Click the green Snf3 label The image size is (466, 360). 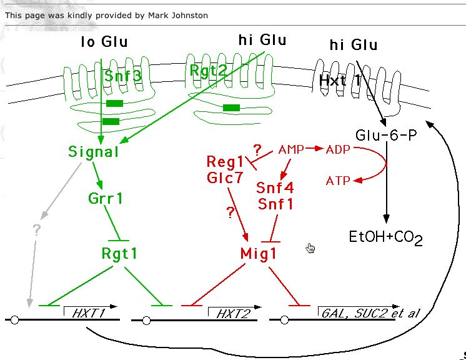click(x=123, y=76)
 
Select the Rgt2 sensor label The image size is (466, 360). click(x=208, y=69)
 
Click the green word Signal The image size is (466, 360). click(x=94, y=151)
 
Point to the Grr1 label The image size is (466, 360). click(x=106, y=199)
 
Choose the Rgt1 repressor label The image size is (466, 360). click(x=119, y=253)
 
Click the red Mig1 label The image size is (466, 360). click(x=258, y=253)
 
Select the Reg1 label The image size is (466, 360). click(x=225, y=162)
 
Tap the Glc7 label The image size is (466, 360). click(x=225, y=178)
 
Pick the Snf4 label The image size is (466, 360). click(x=275, y=187)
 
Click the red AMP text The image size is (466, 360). click(x=291, y=149)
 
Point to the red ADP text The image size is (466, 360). click(x=338, y=149)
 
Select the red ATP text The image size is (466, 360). click(x=338, y=181)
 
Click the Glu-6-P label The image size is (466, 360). click(x=385, y=136)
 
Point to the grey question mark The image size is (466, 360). click(x=36, y=229)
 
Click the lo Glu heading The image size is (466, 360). click(x=104, y=42)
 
